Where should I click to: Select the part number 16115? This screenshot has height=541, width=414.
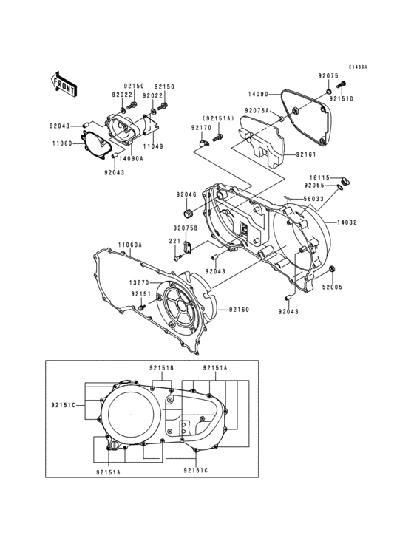319,178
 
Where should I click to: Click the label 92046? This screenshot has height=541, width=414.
186,194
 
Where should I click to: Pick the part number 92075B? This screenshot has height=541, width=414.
186,228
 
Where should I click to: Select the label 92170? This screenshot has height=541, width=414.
201,128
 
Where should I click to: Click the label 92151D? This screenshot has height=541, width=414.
342,98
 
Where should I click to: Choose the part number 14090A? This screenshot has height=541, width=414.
130,158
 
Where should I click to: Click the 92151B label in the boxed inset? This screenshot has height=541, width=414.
160,367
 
